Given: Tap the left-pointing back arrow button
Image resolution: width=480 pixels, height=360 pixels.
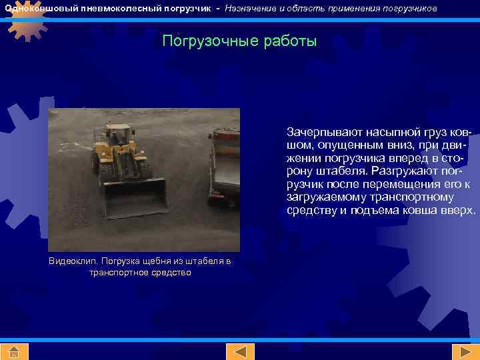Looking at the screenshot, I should click(240, 351).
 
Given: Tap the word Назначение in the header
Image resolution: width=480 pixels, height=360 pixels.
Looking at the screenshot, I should click(250, 9).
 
